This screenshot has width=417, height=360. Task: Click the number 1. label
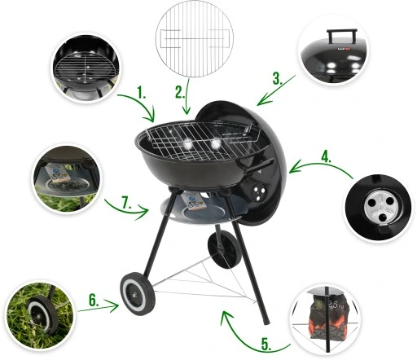pos(143,95)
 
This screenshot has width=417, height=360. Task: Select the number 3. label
pos(278,79)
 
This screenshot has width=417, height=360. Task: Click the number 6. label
pos(95,301)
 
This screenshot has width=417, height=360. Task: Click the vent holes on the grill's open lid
pos(260,191)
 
